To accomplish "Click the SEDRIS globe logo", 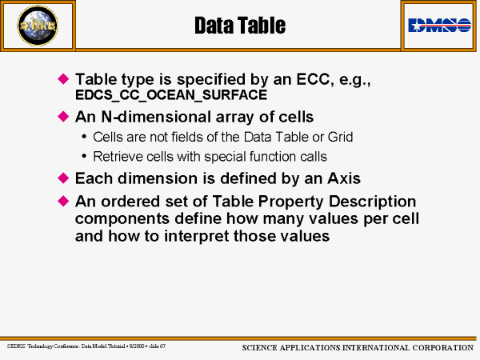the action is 38,26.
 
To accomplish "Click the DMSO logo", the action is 439,25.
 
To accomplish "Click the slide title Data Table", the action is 240,26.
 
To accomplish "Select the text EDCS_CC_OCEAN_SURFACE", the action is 171,95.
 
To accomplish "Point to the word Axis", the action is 344,178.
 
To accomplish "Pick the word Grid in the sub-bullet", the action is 341,137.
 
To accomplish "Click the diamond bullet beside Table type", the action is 63,78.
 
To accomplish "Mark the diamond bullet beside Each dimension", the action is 63,178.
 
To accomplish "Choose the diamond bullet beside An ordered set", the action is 63,201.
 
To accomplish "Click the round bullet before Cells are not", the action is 84,137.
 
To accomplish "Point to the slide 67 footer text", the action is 158,346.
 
